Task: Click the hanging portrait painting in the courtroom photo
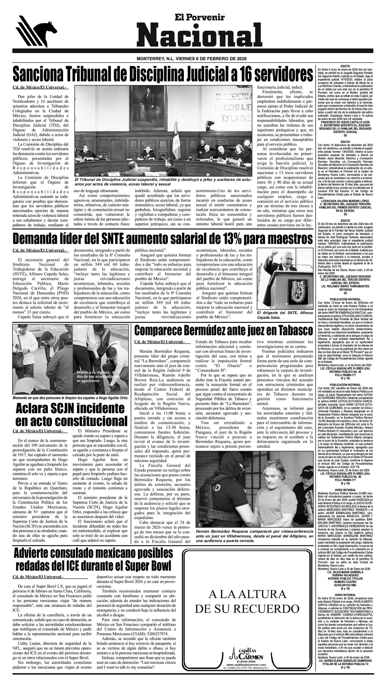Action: [147, 98]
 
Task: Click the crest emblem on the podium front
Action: [295, 289]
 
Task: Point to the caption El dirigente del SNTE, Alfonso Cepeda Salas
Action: [285, 315]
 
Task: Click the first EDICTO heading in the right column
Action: [345, 66]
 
